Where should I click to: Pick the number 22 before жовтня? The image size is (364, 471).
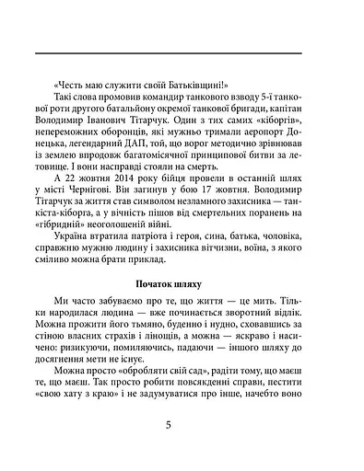[66, 172]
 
